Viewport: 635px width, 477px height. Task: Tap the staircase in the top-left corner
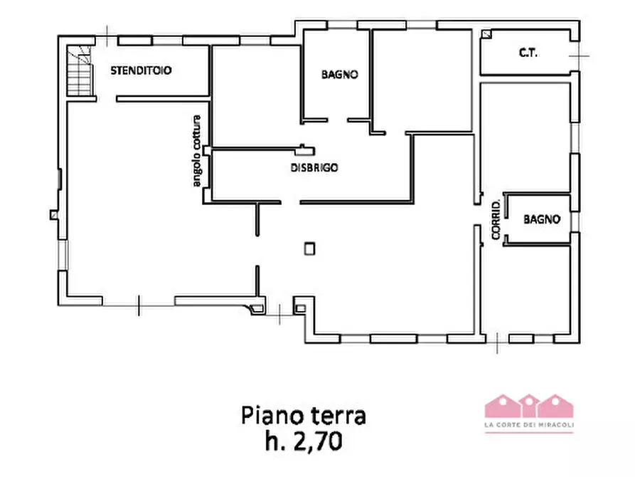80,71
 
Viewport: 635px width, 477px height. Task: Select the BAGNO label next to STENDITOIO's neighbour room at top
339,74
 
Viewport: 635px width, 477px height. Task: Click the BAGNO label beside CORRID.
542,220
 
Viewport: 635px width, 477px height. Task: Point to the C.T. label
527,53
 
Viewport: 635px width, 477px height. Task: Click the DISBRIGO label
314,169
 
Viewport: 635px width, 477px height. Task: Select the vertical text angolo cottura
197,152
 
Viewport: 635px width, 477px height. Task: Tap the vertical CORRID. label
496,220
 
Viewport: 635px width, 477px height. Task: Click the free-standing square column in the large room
309,248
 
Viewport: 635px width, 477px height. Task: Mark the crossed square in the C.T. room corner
486,34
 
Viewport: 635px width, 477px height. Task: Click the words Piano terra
304,415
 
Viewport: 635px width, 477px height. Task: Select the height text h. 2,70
304,441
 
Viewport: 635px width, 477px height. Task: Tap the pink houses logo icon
529,405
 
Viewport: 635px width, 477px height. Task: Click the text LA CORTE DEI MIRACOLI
529,426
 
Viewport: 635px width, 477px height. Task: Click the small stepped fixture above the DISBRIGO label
304,149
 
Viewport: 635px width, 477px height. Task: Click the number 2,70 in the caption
321,441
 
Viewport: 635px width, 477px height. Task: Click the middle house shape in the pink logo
529,405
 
